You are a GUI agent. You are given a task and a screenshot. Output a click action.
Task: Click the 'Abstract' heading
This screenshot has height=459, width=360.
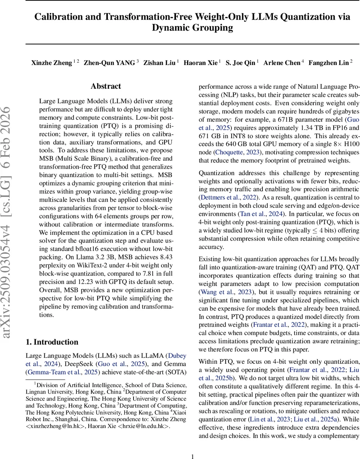click(106, 86)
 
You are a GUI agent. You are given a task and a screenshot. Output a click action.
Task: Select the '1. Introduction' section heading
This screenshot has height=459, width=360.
click(52, 342)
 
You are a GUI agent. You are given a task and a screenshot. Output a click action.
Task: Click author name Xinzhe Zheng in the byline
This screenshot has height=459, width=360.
click(51, 63)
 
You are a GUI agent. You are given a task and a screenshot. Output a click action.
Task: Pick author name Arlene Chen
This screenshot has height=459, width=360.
click(282, 63)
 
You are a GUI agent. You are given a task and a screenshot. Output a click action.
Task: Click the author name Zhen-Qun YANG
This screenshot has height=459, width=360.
click(109, 63)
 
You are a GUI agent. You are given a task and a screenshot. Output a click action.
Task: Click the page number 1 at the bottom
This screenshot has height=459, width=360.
click(193, 445)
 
